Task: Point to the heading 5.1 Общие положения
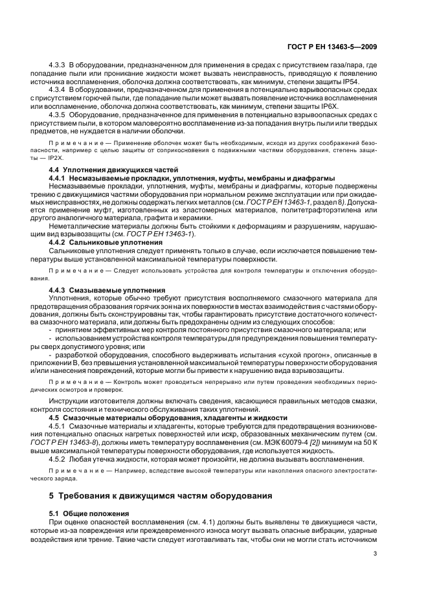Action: [90, 513]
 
